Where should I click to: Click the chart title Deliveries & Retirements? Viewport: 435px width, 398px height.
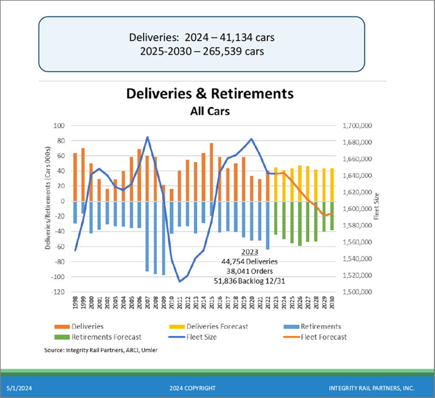tap(210, 93)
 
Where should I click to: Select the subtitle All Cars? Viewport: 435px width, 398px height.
tap(210, 111)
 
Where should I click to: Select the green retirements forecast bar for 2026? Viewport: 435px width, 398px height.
tap(300, 223)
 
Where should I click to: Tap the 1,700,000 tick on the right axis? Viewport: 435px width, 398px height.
tap(356, 126)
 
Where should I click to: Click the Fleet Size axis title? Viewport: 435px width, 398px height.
tap(376, 206)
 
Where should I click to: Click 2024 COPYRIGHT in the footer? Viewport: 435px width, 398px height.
tap(192, 388)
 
